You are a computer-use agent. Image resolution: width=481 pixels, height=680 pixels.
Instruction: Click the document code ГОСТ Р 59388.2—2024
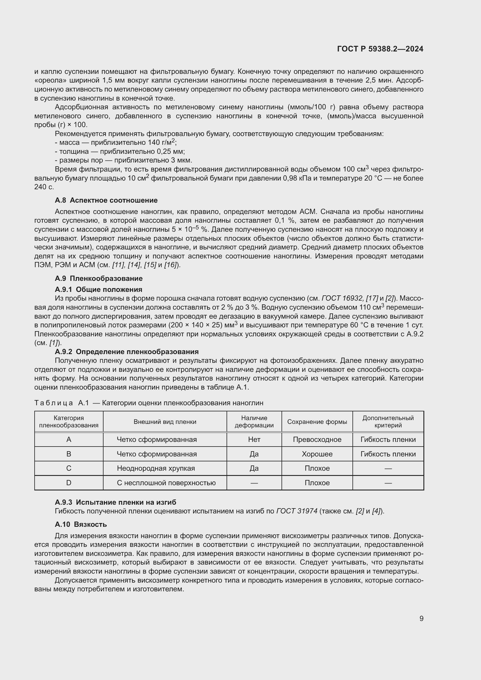[x=380, y=49]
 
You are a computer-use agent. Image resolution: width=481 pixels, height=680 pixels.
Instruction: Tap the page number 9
[x=421, y=618]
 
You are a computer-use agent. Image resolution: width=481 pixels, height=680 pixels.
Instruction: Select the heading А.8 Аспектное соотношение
[x=106, y=200]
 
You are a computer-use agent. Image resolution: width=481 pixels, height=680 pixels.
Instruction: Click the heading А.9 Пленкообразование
[x=99, y=279]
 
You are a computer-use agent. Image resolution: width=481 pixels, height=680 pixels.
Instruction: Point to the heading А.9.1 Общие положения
[x=98, y=289]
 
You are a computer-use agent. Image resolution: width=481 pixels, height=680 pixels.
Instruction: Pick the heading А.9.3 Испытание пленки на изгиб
[x=115, y=502]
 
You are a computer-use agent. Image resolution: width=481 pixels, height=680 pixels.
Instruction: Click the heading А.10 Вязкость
[x=81, y=524]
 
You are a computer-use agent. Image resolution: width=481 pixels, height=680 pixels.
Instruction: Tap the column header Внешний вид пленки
[x=165, y=422]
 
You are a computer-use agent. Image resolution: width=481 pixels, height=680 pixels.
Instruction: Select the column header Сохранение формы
[x=317, y=422]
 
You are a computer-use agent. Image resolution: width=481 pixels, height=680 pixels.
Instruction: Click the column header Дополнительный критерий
[x=388, y=422]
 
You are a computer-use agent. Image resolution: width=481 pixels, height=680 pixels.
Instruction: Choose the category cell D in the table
[x=69, y=483]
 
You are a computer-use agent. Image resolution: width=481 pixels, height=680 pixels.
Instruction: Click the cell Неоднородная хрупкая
[x=156, y=468]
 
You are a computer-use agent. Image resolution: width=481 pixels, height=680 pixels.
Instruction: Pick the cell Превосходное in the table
[x=317, y=440]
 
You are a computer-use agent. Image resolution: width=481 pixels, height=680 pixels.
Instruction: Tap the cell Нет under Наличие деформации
[x=254, y=440]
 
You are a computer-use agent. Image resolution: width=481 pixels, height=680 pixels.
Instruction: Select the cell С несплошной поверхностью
[x=166, y=483]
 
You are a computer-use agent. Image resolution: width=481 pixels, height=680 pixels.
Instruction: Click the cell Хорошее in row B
[x=317, y=454]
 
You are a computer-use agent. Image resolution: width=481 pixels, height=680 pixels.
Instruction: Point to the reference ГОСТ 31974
[x=297, y=511]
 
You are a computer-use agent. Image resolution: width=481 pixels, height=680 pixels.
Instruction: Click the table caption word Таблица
[x=54, y=403]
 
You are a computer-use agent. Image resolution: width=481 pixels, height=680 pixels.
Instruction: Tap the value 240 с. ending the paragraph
[x=44, y=187]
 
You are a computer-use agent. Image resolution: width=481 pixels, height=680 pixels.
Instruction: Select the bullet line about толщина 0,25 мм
[x=120, y=151]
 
